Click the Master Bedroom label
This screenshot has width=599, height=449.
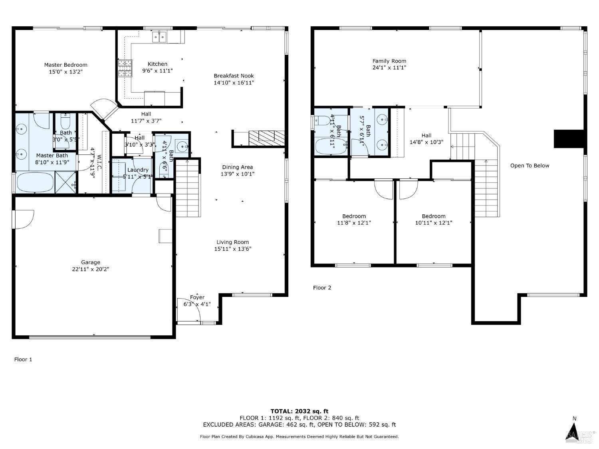65,65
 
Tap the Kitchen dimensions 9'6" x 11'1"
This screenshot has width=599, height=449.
157,71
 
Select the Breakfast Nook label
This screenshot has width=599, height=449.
234,76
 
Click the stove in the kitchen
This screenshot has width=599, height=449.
125,68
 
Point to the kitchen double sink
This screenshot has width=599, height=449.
159,37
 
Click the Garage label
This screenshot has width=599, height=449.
91,262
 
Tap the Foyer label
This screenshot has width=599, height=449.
197,297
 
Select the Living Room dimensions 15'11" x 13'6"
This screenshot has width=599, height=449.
232,249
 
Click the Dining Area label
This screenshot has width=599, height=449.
237,167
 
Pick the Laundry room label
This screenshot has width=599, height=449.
138,170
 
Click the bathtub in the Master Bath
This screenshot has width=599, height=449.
35,182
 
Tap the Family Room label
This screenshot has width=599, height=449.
389,61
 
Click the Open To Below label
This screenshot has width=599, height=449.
530,166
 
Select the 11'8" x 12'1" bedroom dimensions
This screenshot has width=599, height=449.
354,223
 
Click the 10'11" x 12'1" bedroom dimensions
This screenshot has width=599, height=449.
433,223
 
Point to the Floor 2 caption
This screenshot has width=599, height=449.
322,288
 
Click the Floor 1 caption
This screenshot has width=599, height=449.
23,360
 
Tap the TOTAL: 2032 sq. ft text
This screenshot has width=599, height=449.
299,411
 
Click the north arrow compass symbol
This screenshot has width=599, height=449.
574,431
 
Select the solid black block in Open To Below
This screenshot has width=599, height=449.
569,139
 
